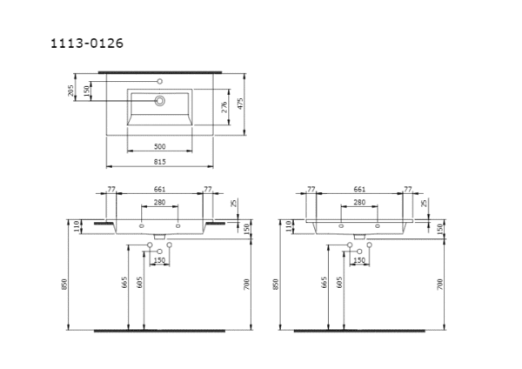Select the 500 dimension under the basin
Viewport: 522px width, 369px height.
pos(159,146)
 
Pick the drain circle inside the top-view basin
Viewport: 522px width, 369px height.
pos(159,101)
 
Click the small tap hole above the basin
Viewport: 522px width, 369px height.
pos(159,80)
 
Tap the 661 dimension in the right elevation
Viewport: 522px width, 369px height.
pos(359,188)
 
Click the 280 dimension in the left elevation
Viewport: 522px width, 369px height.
pos(159,202)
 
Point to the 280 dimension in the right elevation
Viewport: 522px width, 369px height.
pos(359,202)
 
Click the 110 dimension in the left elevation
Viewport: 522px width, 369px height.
pos(77,226)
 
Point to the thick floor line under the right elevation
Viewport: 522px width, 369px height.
pos(359,331)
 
